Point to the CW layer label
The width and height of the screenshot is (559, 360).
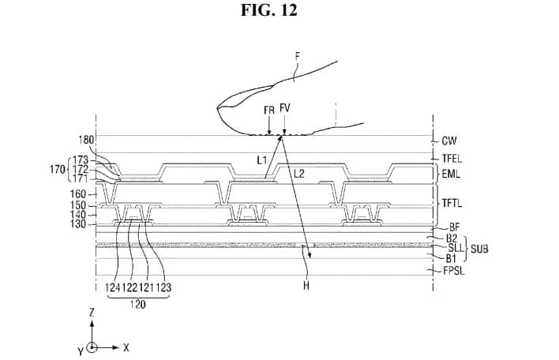tap(449, 141)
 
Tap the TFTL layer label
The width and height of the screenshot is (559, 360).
tap(452, 203)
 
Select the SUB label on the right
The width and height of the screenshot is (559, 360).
tap(479, 248)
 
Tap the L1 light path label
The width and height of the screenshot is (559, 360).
tap(261, 159)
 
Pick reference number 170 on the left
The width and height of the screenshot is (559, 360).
tap(56, 168)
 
